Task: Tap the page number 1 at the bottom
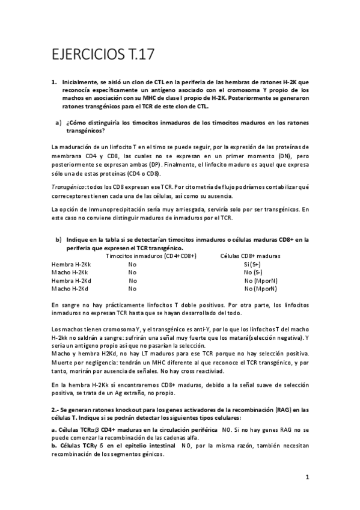pyautogui.click(x=307, y=478)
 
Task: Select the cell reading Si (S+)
pyautogui.click(x=252, y=264)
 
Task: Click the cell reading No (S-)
pyautogui.click(x=252, y=272)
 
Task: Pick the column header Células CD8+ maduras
pyautogui.click(x=251, y=256)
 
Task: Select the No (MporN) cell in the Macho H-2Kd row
pyautogui.click(x=260, y=288)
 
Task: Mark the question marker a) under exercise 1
pyautogui.click(x=58, y=123)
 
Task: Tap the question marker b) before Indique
pyautogui.click(x=59, y=239)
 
